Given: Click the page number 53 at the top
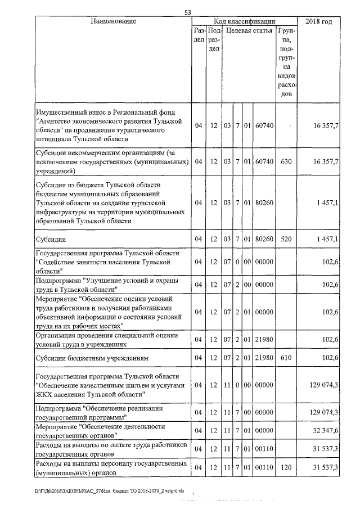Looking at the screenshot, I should pyautogui.click(x=188, y=12).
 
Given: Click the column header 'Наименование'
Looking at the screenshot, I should pyautogui.click(x=113, y=21).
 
